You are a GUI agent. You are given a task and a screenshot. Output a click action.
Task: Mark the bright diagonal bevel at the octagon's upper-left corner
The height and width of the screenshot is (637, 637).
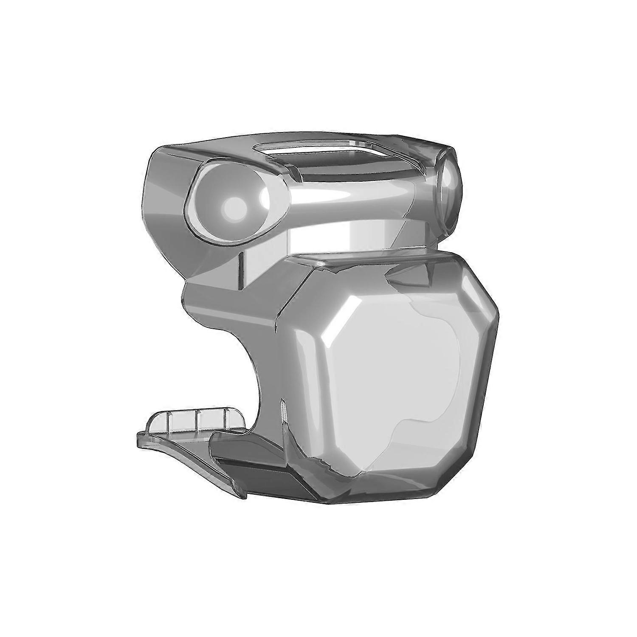point(335,314)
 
